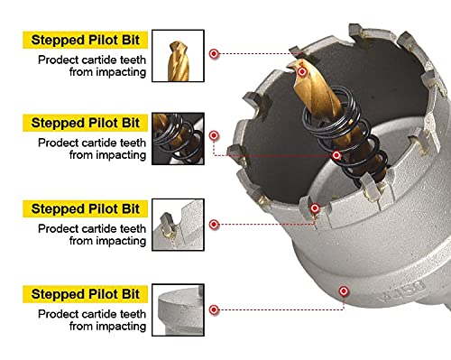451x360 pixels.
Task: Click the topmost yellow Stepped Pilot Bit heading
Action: click(86, 40)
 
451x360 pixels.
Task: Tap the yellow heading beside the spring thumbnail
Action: click(86, 123)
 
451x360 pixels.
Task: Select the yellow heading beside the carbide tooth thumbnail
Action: click(86, 208)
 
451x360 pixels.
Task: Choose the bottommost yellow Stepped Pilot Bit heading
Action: click(86, 294)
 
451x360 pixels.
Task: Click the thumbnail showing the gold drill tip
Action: click(178, 56)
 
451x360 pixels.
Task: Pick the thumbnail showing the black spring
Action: click(178, 139)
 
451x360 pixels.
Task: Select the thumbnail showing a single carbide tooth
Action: click(178, 225)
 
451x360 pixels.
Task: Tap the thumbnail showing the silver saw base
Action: click(178, 310)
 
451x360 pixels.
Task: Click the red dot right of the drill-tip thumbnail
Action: click(214, 54)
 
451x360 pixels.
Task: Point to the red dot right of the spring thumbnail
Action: click(214, 135)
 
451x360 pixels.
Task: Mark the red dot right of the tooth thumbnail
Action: click(214, 225)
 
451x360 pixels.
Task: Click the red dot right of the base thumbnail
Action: click(214, 309)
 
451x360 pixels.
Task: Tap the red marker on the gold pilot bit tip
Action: click(302, 72)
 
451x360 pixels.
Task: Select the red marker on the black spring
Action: click(336, 155)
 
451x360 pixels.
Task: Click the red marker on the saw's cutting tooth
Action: click(315, 208)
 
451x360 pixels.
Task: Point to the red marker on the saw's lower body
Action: click(344, 291)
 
